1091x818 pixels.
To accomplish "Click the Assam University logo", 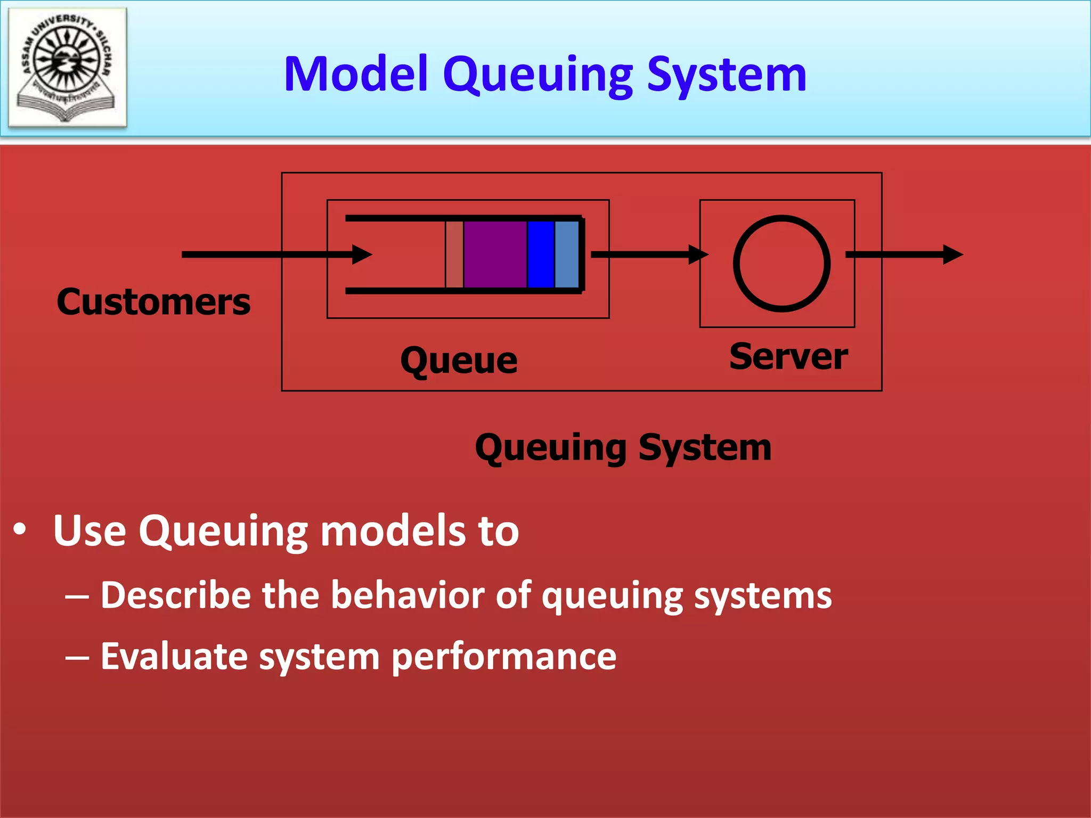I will tap(68, 67).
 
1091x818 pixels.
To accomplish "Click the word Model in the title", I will tap(356, 74).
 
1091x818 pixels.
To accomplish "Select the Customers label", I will tap(153, 302).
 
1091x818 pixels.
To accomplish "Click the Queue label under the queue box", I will tap(459, 361).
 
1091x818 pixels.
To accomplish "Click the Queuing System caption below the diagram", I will tap(623, 447).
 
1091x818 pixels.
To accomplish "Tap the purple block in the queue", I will tap(495, 255).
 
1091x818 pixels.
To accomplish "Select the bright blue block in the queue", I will tap(541, 255).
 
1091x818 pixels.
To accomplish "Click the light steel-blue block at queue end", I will tap(566, 255).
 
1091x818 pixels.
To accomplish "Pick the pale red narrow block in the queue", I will tap(454, 255).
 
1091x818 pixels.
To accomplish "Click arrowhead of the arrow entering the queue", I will tap(362, 255).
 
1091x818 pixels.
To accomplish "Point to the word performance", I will tap(504, 656).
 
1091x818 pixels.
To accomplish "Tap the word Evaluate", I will tap(174, 656).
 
